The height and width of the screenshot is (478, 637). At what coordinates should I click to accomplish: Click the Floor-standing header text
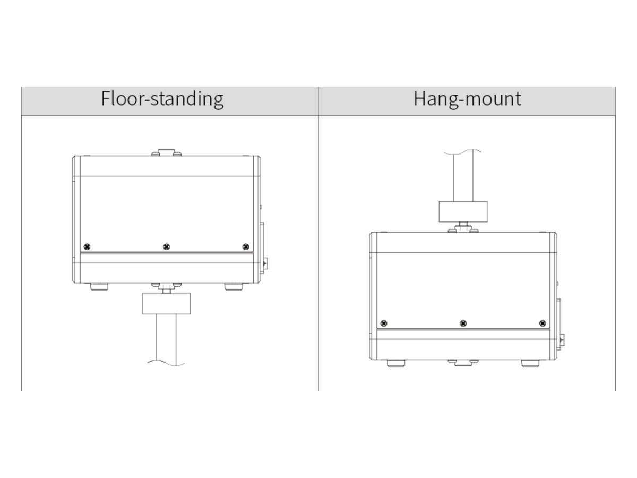point(162,99)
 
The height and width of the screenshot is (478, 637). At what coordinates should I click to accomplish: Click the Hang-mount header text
point(467,99)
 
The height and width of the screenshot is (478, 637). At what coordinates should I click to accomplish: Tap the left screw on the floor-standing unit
point(87,246)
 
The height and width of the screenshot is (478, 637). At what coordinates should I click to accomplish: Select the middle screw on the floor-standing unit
point(166,246)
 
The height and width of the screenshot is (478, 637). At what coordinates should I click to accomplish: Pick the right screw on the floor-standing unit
point(246,246)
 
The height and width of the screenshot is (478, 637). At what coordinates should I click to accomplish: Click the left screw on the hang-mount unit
point(384,323)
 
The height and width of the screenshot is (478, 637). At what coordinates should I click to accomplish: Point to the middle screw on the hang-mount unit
point(463,323)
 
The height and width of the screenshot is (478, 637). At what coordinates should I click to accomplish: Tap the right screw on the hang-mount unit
point(543,323)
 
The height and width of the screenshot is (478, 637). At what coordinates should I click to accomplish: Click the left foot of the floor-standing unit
point(99,286)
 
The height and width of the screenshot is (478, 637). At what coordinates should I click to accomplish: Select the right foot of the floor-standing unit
point(234,286)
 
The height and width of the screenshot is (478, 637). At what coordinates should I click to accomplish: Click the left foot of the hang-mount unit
point(396,363)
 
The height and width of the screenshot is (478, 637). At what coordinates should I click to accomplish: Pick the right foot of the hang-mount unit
point(530,363)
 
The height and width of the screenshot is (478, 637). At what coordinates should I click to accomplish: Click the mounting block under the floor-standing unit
point(166,304)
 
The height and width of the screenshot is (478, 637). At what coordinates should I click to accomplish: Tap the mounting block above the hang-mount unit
point(463,211)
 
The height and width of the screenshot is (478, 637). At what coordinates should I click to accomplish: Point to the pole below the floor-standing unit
point(166,339)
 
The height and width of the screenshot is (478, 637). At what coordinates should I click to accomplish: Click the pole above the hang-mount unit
point(463,176)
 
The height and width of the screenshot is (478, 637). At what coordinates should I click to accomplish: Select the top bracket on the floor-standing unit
point(167,152)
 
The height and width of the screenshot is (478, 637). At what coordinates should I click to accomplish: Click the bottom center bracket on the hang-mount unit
point(463,363)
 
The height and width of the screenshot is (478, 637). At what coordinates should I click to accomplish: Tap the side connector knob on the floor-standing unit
point(265,263)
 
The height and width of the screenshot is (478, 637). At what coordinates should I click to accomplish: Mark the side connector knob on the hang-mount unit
point(562,340)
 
